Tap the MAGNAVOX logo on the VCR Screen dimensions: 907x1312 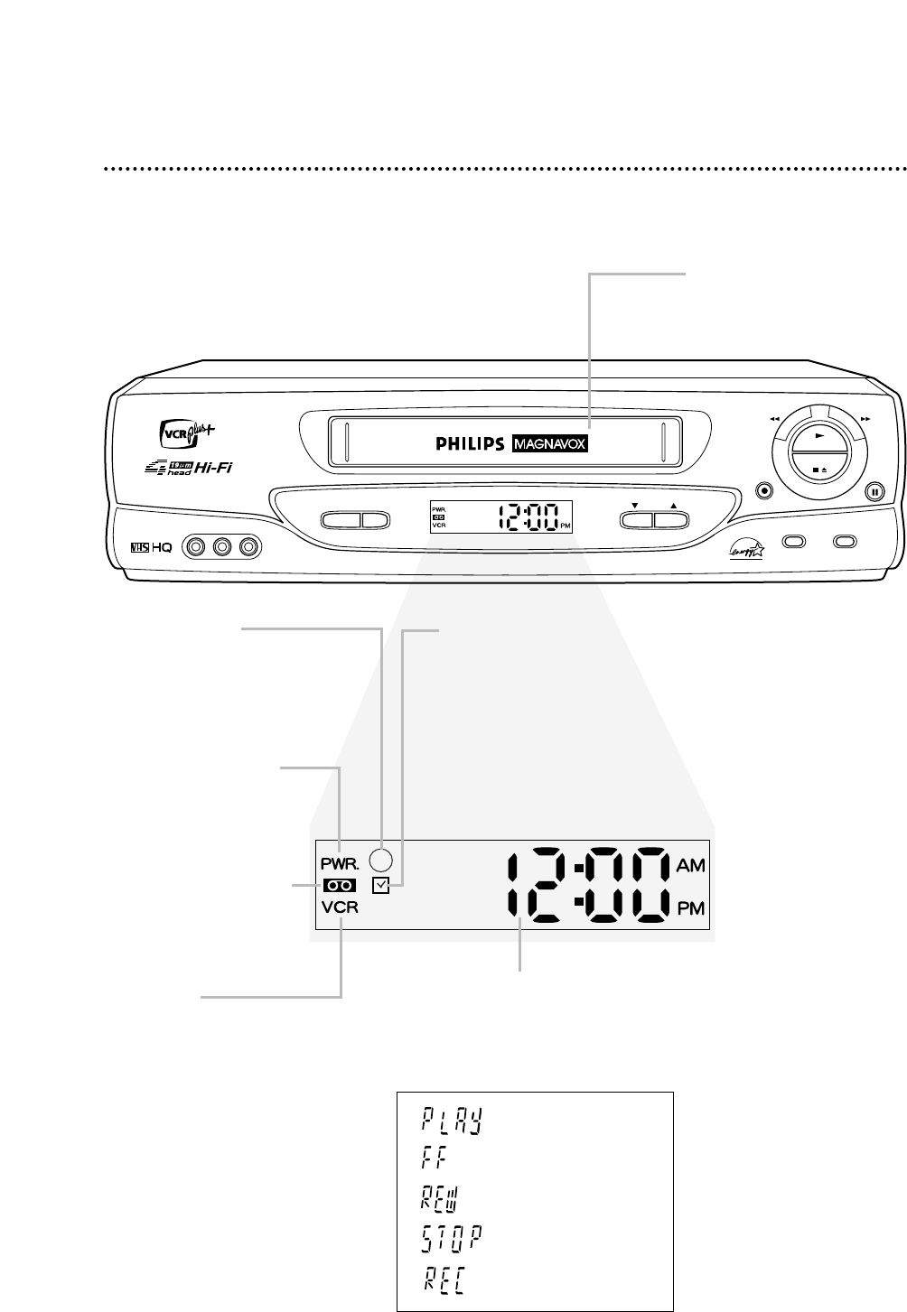(549, 444)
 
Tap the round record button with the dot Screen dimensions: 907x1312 (765, 491)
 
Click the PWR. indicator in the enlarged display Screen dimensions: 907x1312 (338, 852)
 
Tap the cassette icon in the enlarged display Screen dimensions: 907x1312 (339, 887)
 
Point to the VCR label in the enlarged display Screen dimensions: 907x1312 (338, 909)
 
